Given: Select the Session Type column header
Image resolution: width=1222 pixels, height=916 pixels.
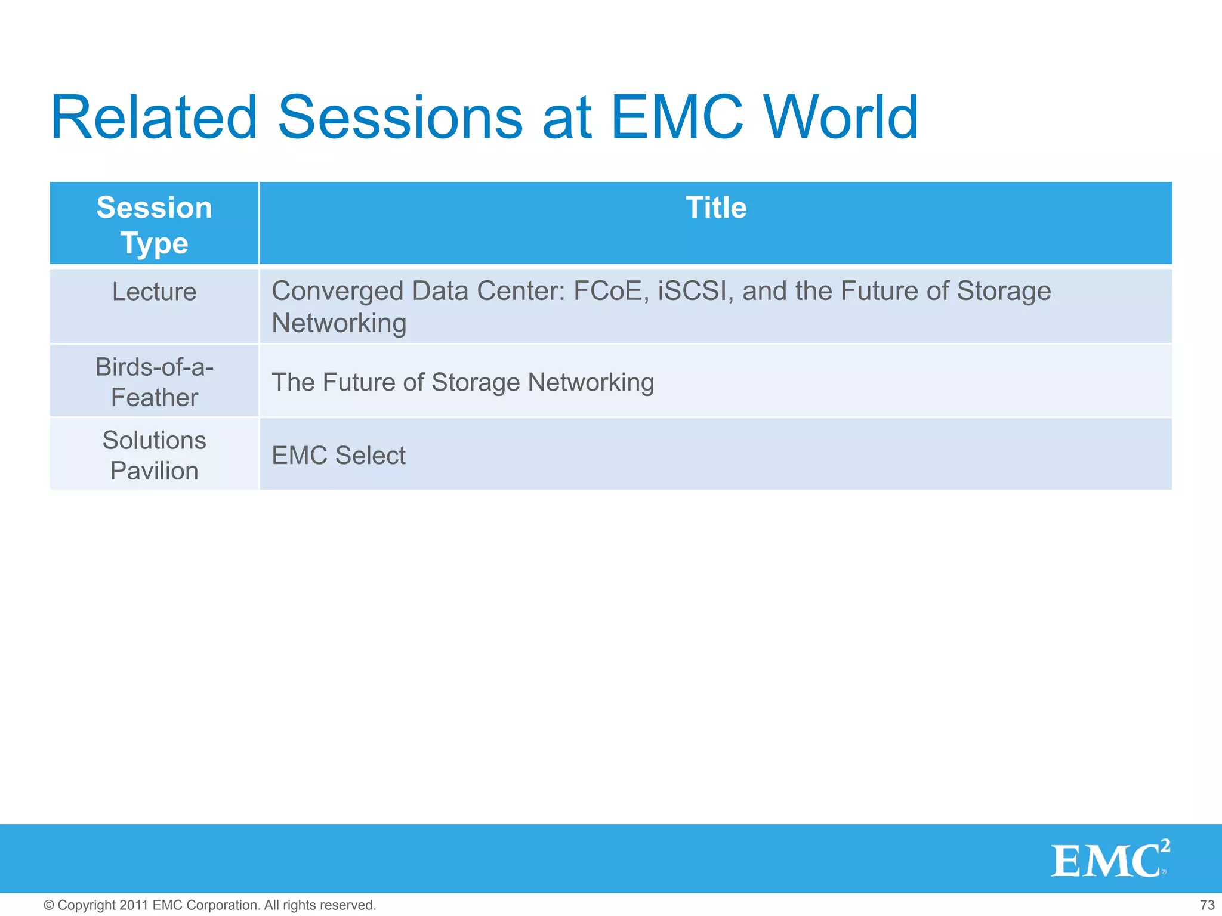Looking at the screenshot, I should (154, 225).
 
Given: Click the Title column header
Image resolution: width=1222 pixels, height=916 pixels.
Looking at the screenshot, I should (715, 208).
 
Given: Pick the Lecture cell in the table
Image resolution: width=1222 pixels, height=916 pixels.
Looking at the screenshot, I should (154, 292).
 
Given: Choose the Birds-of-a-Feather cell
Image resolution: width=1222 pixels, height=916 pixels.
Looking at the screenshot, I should (154, 382).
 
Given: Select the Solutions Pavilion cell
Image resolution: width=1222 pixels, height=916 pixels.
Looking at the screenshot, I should (154, 455).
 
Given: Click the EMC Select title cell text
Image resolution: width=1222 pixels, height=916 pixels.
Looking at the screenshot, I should (338, 456).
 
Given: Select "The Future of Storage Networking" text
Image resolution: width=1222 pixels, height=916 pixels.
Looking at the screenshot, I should (462, 382).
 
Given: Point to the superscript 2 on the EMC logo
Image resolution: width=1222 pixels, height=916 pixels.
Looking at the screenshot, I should (1165, 846).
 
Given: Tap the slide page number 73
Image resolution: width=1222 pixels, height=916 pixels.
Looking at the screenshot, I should (1207, 905).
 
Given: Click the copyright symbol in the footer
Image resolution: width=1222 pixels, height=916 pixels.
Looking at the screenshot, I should (49, 905).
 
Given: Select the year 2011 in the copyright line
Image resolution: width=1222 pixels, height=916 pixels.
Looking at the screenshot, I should (134, 905).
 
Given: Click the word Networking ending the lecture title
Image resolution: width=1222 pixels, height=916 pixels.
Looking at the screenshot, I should (339, 324).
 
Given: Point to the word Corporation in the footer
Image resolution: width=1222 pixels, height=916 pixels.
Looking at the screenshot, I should (224, 905).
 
